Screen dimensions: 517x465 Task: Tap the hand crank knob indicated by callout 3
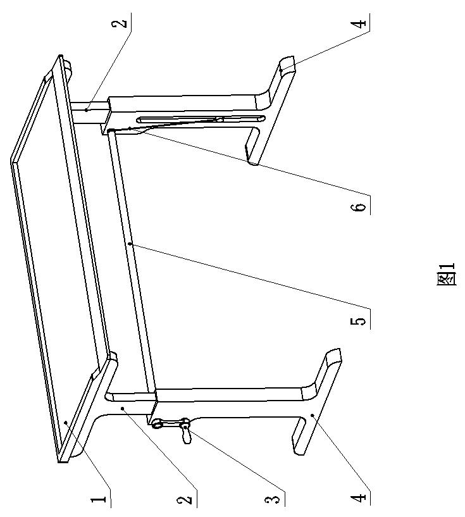coord(185,433)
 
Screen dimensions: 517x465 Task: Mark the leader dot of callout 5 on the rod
coord(129,243)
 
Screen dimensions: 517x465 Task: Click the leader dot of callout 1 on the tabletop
coord(66,420)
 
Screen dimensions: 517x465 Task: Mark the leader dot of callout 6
coord(129,128)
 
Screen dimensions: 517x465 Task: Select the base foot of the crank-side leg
coord(316,405)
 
